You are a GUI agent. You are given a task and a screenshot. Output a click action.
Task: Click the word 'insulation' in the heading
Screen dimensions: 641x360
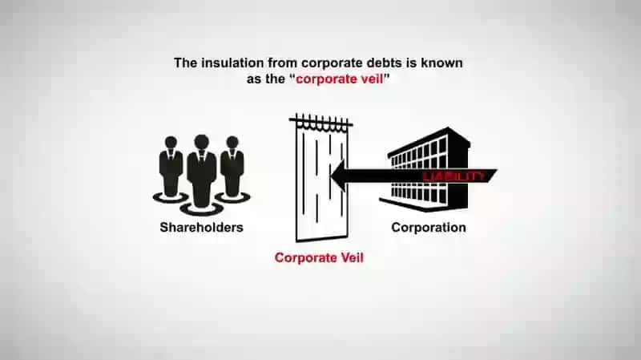point(232,63)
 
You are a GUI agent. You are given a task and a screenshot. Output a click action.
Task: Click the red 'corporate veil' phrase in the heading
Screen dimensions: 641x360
point(339,79)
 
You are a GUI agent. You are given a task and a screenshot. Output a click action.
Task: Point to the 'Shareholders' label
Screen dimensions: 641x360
point(202,228)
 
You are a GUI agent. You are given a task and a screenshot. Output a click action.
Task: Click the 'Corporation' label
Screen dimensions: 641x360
point(429,228)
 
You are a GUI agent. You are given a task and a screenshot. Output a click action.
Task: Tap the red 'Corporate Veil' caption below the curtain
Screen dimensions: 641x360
point(319,257)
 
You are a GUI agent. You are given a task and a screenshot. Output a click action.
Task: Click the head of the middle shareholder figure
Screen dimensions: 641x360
point(202,142)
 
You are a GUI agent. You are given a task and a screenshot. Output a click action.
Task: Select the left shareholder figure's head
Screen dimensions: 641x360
point(171,143)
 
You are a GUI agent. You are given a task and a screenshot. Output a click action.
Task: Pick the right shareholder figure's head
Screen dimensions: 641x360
point(232,143)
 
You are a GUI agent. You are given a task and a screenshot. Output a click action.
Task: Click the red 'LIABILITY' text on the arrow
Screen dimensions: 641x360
point(453,176)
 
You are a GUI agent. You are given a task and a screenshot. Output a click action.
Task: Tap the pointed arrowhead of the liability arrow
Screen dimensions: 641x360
point(331,176)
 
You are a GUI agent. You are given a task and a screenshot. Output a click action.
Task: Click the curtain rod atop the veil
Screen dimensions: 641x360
point(321,122)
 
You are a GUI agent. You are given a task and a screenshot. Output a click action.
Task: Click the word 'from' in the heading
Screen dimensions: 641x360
point(283,63)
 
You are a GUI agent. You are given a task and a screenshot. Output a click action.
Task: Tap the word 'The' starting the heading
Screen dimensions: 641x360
point(185,63)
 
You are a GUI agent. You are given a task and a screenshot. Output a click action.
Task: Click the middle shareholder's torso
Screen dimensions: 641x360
point(202,174)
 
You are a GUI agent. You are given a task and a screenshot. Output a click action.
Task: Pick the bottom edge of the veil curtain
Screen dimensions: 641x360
point(322,238)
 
